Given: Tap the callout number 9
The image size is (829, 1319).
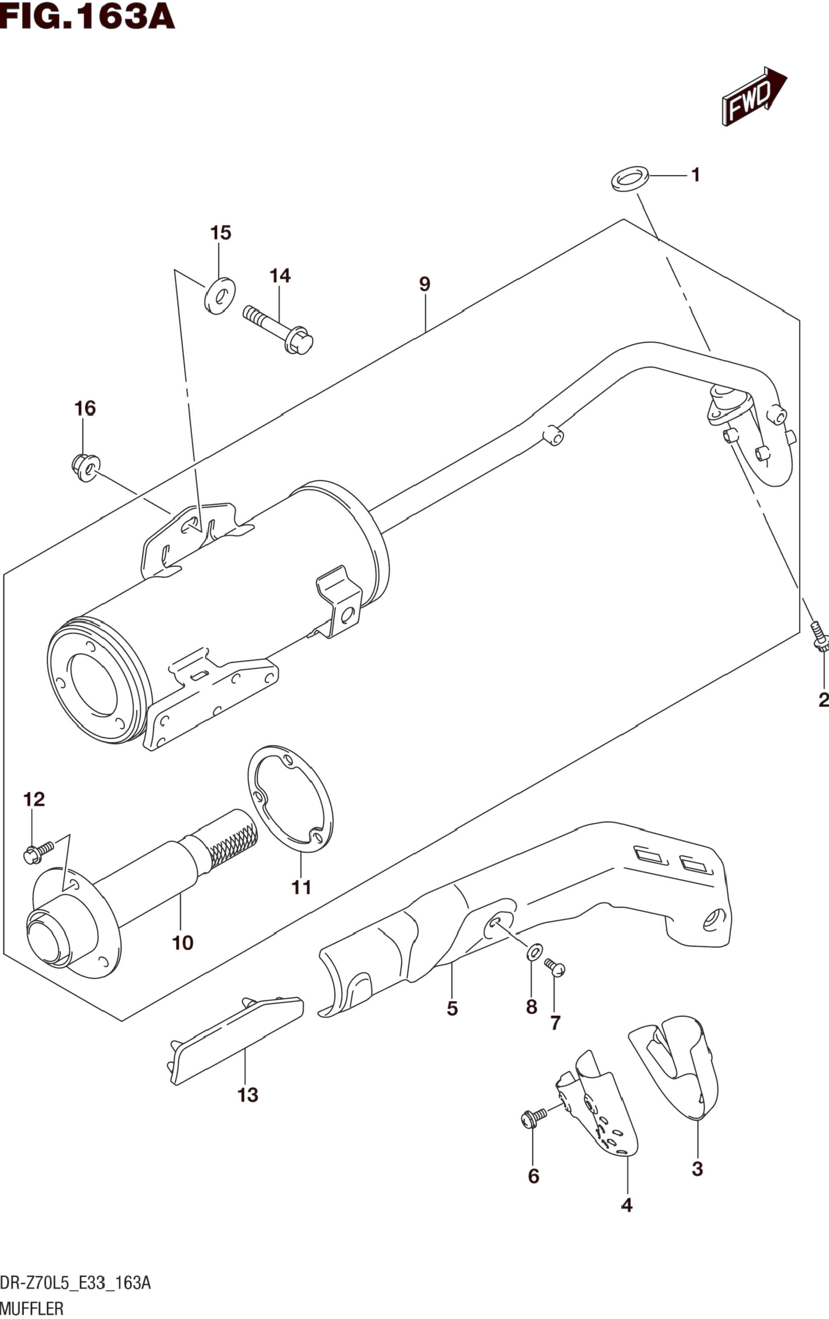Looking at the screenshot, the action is pos(425,284).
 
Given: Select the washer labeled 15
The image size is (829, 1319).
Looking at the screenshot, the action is pos(220,296).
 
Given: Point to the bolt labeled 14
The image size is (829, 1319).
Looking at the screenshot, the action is pos(278,328).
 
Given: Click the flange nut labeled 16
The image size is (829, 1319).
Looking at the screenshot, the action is pos(85,467).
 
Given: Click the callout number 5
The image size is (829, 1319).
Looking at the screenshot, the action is pos(452,1009).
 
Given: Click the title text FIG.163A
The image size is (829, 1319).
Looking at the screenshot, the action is pos(87,16).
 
